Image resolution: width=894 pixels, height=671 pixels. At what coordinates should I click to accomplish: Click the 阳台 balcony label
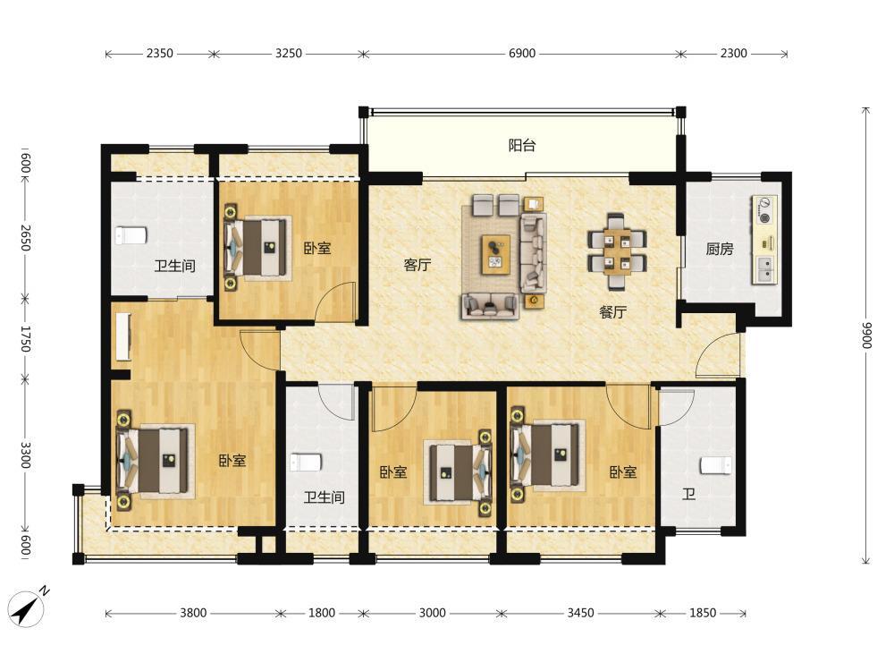(x=522, y=146)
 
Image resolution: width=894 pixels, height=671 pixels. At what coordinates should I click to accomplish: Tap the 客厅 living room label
(x=417, y=265)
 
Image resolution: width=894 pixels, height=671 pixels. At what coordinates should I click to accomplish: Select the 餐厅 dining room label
(x=613, y=312)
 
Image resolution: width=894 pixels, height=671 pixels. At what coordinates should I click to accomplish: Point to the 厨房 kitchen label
(x=720, y=249)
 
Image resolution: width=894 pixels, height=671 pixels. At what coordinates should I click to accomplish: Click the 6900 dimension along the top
(x=522, y=53)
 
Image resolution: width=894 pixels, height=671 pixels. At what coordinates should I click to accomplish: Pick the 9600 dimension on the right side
(x=866, y=335)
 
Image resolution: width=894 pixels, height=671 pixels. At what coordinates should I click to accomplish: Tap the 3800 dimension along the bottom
(x=193, y=613)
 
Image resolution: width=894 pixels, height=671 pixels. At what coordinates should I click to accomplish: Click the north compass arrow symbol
(x=28, y=607)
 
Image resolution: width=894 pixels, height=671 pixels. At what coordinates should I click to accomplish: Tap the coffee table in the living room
(x=495, y=254)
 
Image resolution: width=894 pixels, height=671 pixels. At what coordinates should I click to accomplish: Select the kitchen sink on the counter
(x=764, y=269)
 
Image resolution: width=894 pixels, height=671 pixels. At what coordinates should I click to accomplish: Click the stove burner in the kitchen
(x=764, y=209)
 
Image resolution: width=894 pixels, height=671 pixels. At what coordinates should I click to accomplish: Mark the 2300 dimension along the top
(x=733, y=53)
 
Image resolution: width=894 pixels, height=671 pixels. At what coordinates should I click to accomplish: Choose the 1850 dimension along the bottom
(x=703, y=613)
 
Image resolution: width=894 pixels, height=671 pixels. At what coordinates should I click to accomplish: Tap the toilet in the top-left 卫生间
(x=131, y=235)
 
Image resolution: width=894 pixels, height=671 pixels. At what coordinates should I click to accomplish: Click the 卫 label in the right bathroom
(x=688, y=494)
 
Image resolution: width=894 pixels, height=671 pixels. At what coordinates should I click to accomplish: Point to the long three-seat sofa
(x=533, y=253)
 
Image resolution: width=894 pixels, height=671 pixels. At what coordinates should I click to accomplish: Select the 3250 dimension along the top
(x=289, y=53)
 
